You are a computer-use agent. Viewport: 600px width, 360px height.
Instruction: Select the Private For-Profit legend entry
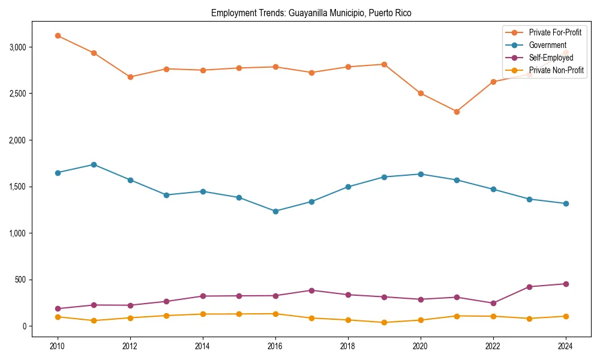[555, 32]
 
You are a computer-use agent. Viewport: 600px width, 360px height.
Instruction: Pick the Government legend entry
[547, 45]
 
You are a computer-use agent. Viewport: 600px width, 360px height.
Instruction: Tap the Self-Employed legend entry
[551, 58]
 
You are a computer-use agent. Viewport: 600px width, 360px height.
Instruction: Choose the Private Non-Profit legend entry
[556, 71]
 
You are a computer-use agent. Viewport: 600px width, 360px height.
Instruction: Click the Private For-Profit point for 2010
[58, 35]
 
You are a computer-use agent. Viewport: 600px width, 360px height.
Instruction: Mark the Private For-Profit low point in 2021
[457, 112]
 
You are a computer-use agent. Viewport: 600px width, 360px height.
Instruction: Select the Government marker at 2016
[275, 211]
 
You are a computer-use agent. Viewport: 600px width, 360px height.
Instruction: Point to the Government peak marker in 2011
[94, 164]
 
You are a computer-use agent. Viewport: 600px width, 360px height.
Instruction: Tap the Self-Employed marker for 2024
[566, 284]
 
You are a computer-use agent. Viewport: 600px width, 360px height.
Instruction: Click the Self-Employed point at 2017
[311, 290]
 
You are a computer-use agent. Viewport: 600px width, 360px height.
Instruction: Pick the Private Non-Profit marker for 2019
[384, 322]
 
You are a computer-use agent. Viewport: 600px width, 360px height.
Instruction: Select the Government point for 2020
[421, 174]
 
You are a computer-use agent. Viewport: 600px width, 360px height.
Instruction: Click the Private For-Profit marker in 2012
[130, 77]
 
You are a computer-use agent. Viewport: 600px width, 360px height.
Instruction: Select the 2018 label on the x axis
[348, 346]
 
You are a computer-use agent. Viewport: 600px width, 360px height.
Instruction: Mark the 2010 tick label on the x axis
[58, 346]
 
